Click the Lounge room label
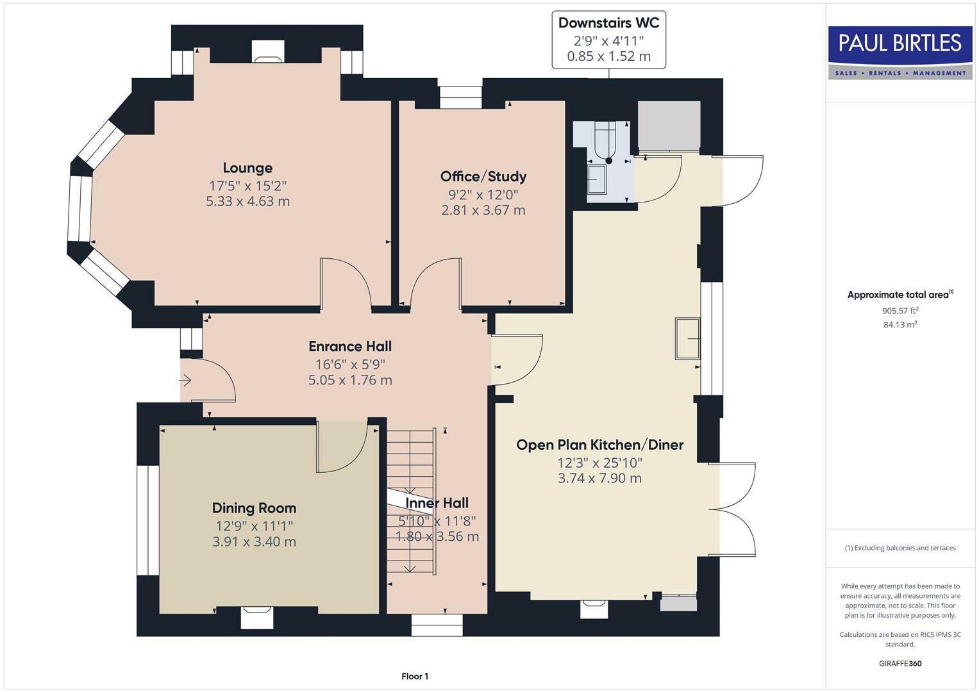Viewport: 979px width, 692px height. point(247,168)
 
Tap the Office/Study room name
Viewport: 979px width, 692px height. point(483,176)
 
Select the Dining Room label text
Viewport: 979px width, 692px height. point(254,508)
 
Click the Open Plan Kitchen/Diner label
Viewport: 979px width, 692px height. point(599,445)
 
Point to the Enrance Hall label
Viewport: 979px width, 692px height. point(349,347)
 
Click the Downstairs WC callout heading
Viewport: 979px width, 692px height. point(608,23)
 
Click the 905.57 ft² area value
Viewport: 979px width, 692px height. point(900,311)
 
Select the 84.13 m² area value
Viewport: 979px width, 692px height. point(900,325)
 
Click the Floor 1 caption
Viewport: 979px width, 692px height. point(415,676)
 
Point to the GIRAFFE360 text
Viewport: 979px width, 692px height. point(900,663)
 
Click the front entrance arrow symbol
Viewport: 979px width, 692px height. point(185,381)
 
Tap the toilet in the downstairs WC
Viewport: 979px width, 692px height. point(605,141)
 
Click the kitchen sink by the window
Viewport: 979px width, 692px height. point(687,338)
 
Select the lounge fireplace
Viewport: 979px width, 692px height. point(267,52)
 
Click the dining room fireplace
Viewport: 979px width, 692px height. point(257,617)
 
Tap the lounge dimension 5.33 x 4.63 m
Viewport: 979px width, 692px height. point(247,201)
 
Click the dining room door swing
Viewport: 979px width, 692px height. point(341,447)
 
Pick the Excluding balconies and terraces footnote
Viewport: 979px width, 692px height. point(900,548)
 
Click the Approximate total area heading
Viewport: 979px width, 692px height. point(899,295)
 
